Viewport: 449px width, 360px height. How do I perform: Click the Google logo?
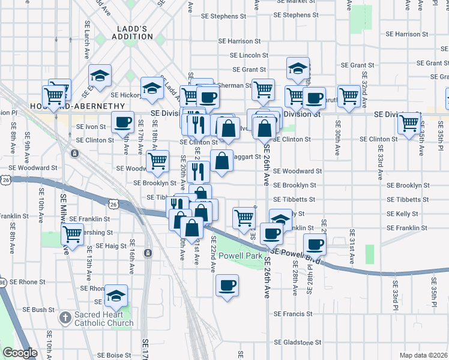(20, 353)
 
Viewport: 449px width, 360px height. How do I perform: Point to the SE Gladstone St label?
(297, 343)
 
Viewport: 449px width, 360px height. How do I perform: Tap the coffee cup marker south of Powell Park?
(227, 285)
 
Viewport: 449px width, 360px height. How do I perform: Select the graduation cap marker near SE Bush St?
(116, 295)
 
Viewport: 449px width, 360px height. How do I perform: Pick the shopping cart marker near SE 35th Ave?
(409, 123)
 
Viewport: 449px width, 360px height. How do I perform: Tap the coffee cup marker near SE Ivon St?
(123, 122)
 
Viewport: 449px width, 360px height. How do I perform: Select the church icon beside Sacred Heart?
(65, 316)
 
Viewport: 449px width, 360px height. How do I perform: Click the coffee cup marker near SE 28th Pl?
(315, 244)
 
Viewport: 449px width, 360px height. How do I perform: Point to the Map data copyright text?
(423, 355)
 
